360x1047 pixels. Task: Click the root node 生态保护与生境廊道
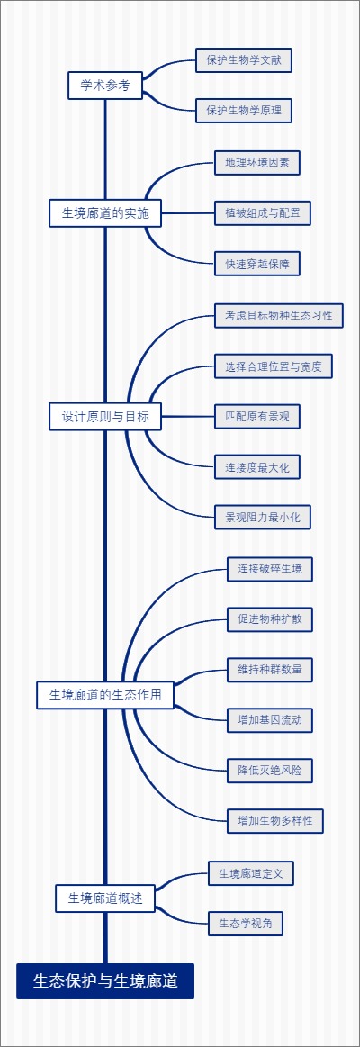tap(105, 980)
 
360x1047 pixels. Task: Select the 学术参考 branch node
tap(105, 86)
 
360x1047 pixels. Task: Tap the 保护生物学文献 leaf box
tap(244, 60)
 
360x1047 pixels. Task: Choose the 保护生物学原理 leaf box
tap(244, 111)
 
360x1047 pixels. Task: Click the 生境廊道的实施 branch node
tap(105, 213)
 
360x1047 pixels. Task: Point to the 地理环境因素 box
tap(256, 163)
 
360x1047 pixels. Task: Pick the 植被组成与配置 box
tap(262, 213)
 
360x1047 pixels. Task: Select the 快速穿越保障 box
tap(256, 264)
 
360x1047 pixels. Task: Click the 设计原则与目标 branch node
tap(105, 416)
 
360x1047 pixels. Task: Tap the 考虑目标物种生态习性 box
tap(279, 315)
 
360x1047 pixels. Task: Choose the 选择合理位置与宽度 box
tap(274, 366)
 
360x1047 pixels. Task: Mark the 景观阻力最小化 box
tap(262, 516)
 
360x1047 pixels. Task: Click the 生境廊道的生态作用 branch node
tap(105, 694)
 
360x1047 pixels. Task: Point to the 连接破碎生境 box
tap(270, 568)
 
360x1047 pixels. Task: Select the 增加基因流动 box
tap(270, 719)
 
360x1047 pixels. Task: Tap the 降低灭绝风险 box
tap(270, 770)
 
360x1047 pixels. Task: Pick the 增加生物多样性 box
tap(275, 820)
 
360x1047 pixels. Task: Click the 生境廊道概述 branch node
tap(105, 898)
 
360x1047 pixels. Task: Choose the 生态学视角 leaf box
tap(246, 923)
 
